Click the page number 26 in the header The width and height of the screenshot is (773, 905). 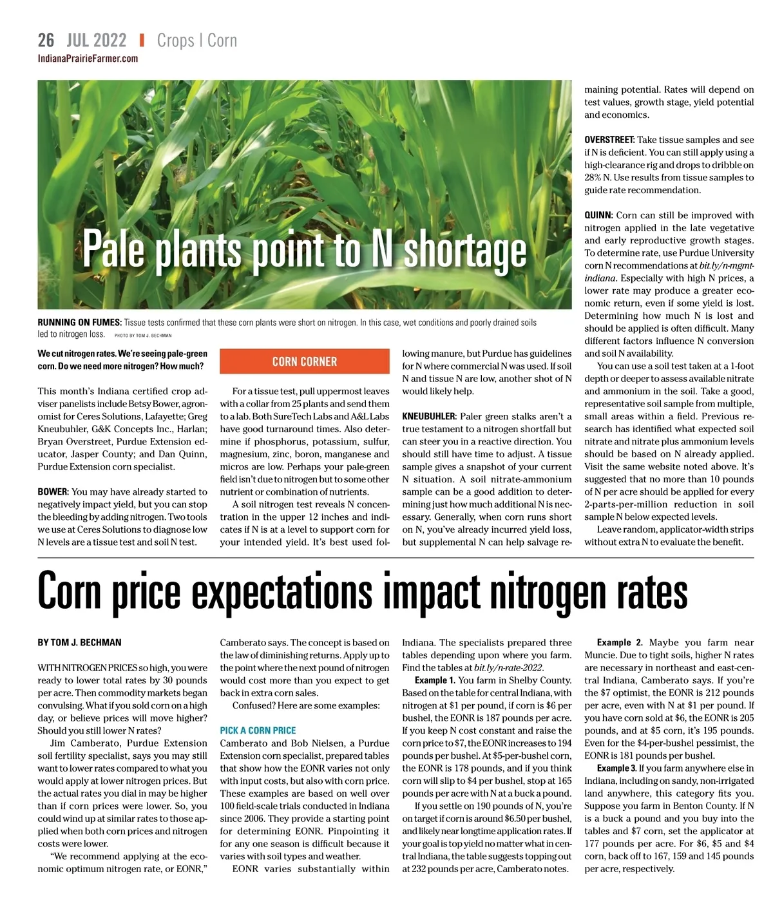46,41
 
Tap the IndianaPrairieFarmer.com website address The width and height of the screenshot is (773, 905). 88,59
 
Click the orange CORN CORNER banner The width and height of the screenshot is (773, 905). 305,361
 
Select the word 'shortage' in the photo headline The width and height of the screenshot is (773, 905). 464,250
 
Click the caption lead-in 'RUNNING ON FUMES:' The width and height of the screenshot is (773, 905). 79,322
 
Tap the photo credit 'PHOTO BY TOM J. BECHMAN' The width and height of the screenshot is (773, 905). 143,336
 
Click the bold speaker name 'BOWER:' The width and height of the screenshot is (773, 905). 53,491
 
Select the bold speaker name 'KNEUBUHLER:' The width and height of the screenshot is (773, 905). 429,416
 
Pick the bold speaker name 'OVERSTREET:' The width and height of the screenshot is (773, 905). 609,140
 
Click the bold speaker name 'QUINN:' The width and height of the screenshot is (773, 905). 598,215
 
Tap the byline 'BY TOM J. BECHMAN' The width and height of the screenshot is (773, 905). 79,642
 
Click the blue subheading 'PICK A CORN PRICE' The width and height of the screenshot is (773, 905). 258,730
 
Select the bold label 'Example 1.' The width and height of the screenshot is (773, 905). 435,680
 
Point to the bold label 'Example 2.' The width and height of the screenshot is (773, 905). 620,642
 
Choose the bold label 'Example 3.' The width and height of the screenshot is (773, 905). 616,768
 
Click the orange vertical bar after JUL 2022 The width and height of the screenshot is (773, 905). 142,41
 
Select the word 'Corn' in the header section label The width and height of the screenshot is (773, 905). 222,41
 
